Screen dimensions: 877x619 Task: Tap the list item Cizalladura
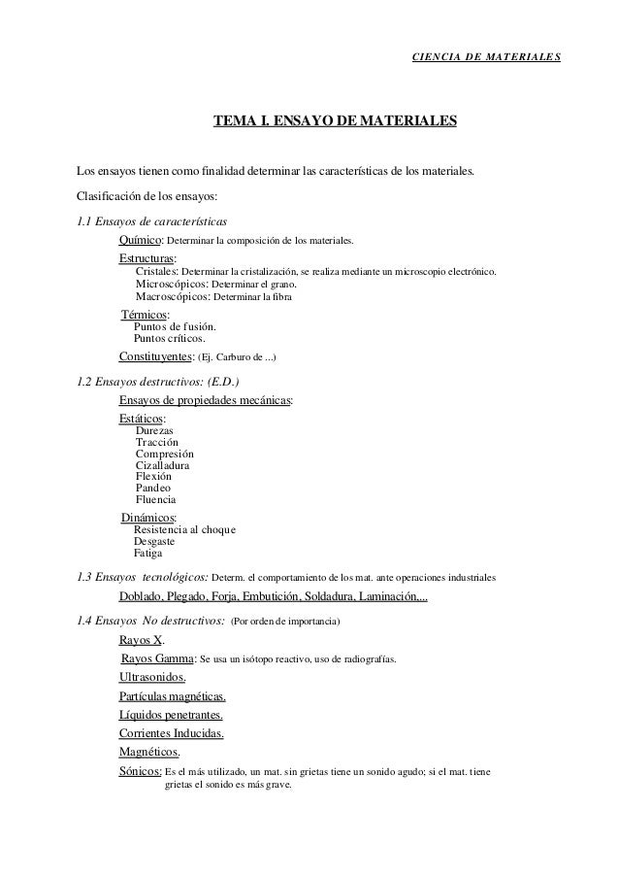pyautogui.click(x=162, y=465)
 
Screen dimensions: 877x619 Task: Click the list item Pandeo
pyautogui.click(x=153, y=489)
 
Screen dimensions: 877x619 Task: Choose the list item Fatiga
pyautogui.click(x=148, y=555)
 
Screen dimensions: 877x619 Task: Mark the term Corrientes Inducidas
pyautogui.click(x=171, y=733)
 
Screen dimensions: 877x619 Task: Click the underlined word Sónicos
pyautogui.click(x=140, y=772)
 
